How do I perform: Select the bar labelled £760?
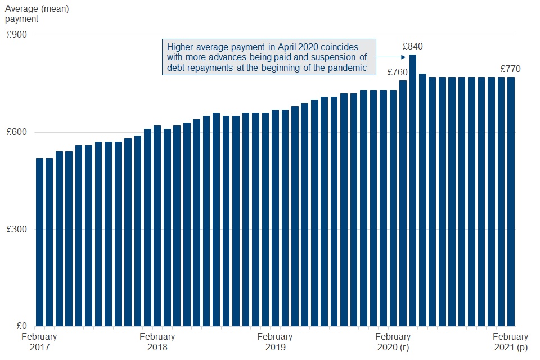point(403,203)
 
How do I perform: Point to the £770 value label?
point(510,69)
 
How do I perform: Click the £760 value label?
point(397,72)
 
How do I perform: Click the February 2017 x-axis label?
point(39,342)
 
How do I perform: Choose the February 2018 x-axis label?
point(157,342)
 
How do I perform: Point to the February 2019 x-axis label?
point(274,342)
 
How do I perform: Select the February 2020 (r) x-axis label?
point(393,342)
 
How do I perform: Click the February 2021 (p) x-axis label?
point(510,342)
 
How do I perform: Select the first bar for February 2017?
point(39,242)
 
